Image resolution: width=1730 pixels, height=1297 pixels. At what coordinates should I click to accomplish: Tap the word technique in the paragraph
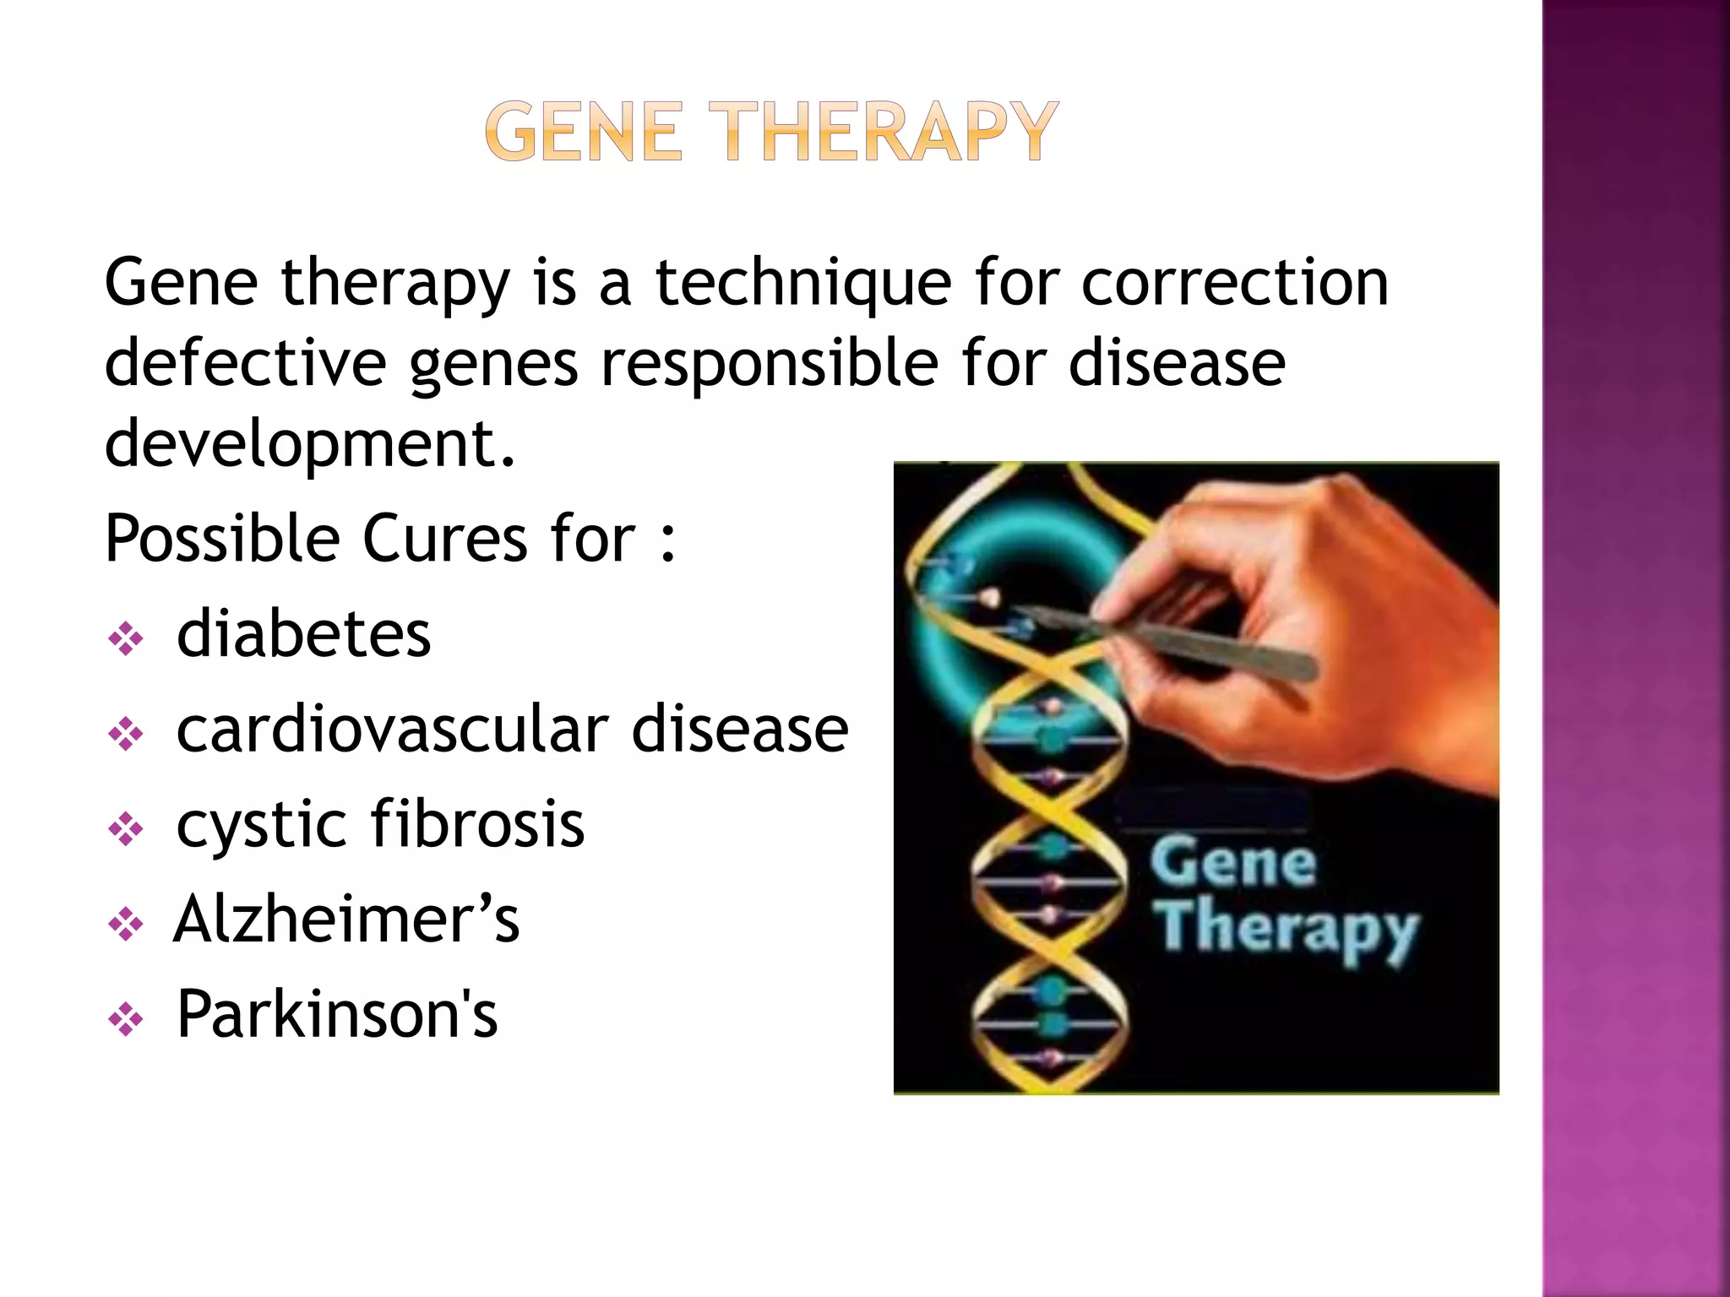pyautogui.click(x=803, y=283)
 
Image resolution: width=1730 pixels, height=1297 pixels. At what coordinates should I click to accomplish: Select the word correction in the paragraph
pyautogui.click(x=1235, y=283)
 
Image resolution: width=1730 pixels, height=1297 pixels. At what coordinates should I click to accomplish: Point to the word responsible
pyautogui.click(x=769, y=365)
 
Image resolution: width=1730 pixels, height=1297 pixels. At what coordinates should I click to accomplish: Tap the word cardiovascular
pyautogui.click(x=392, y=730)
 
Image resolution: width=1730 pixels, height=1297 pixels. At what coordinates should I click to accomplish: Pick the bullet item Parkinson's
pyautogui.click(x=337, y=1013)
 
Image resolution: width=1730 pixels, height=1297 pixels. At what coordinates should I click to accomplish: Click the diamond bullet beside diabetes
pyautogui.click(x=126, y=639)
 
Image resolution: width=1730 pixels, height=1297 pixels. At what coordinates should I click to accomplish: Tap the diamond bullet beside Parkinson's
pyautogui.click(x=126, y=1019)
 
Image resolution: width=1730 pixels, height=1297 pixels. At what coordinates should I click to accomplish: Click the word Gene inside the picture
pyautogui.click(x=1232, y=863)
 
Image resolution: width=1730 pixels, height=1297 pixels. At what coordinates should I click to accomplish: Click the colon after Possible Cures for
pyautogui.click(x=668, y=540)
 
